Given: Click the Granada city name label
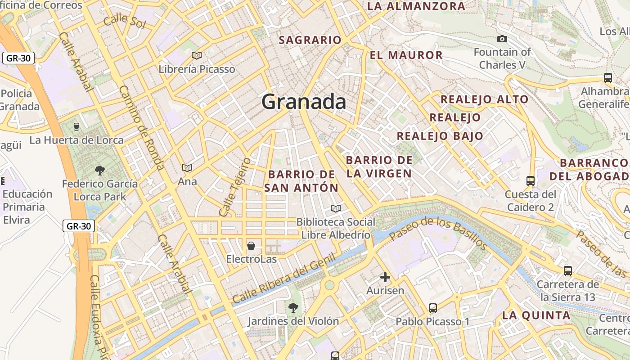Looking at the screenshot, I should (x=304, y=102).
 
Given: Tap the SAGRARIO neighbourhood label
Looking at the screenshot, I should (x=310, y=40).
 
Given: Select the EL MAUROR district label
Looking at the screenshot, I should (x=406, y=55).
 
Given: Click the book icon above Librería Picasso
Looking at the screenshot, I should (x=197, y=55).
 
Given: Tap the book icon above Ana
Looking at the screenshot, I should (x=187, y=168).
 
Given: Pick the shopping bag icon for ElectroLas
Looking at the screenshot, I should (x=251, y=246).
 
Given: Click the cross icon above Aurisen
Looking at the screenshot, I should (x=385, y=277).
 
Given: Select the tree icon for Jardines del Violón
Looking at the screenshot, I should (x=293, y=308).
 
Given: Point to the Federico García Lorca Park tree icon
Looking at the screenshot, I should (x=100, y=170).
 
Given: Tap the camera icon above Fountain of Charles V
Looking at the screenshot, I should (x=502, y=39).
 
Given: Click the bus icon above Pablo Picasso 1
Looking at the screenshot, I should (x=432, y=308).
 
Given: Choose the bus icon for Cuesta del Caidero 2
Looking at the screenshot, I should (x=531, y=181).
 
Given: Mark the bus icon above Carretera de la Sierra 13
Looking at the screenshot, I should (x=568, y=271).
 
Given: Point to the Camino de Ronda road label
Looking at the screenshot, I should (x=141, y=128).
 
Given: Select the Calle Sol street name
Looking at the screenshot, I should (x=124, y=21).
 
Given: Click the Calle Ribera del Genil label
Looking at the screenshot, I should (x=284, y=279).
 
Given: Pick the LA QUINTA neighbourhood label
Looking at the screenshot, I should (x=536, y=315).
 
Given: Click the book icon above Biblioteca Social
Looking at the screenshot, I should (x=335, y=208).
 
